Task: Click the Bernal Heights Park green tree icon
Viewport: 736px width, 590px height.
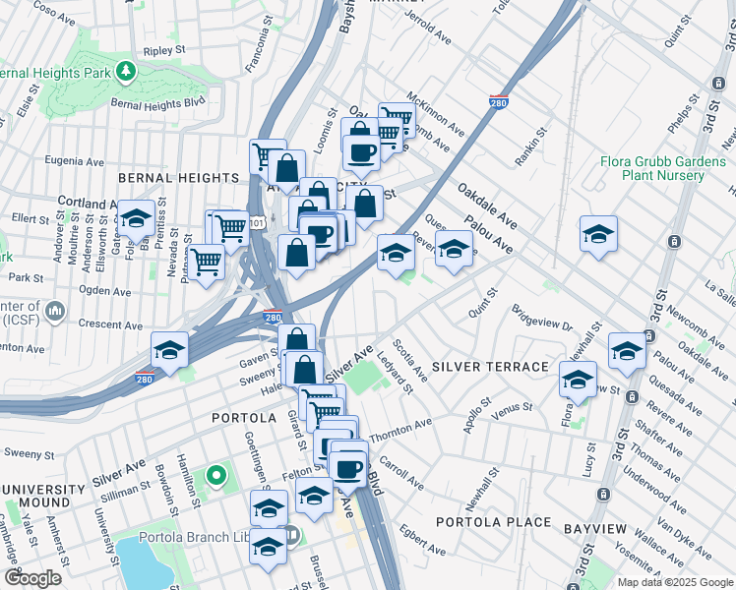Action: (x=125, y=71)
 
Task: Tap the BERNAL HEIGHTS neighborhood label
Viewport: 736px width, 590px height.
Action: (x=178, y=178)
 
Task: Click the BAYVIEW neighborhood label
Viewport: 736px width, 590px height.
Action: (x=594, y=529)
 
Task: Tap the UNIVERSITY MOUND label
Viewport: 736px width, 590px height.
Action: (x=43, y=497)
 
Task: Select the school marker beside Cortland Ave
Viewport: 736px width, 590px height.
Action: (x=136, y=217)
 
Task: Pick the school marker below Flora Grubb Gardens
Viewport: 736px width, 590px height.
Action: (x=598, y=235)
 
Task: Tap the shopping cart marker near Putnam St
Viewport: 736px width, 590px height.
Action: (x=206, y=262)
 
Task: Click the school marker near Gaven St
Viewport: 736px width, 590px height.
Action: (x=169, y=350)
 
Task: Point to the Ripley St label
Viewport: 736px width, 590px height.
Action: (x=164, y=49)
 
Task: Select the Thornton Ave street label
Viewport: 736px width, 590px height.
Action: (x=401, y=428)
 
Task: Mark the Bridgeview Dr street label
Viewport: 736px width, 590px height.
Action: (x=542, y=317)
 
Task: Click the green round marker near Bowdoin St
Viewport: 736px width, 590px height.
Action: (x=216, y=479)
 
